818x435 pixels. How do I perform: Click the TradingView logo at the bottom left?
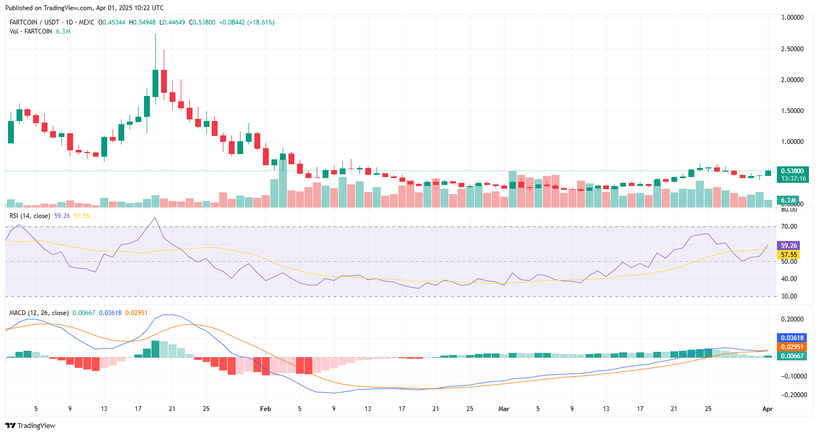click(x=30, y=425)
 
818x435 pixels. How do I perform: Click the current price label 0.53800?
click(x=792, y=171)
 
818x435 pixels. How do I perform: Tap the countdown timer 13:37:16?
click(x=792, y=179)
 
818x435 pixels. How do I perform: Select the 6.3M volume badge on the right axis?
click(x=789, y=200)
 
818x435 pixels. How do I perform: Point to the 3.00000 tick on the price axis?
click(x=792, y=18)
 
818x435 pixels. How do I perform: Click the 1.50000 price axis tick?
click(x=792, y=111)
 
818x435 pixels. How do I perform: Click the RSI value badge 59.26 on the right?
click(x=789, y=246)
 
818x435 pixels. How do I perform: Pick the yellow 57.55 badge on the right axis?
click(x=789, y=255)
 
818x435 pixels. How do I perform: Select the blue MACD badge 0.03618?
click(x=792, y=338)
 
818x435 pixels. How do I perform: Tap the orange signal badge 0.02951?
click(x=792, y=347)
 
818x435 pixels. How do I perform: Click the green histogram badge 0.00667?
click(x=792, y=356)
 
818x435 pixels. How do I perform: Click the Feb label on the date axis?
click(x=265, y=409)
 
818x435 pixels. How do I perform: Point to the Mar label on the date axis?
click(x=503, y=409)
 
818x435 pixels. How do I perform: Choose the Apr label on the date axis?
click(x=767, y=409)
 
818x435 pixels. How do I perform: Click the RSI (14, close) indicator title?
click(x=30, y=216)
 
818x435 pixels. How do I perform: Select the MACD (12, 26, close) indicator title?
click(x=39, y=313)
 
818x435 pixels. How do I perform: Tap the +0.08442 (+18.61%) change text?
click(x=246, y=22)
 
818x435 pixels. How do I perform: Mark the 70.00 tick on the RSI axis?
click(x=789, y=227)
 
